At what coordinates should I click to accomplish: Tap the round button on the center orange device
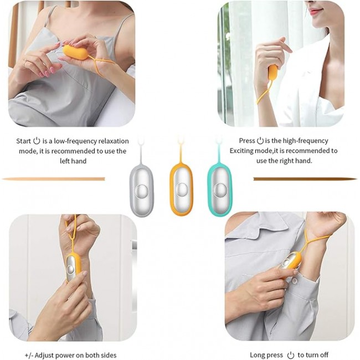pyautogui.click(x=182, y=189)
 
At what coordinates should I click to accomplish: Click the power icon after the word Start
pyautogui.click(x=37, y=141)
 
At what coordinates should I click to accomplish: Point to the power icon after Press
pyautogui.click(x=260, y=141)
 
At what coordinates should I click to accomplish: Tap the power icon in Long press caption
pyautogui.click(x=291, y=355)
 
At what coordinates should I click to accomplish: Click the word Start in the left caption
pyautogui.click(x=23, y=141)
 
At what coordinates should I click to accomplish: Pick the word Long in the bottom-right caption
pyautogui.click(x=256, y=355)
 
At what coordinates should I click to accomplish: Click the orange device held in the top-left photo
pyautogui.click(x=75, y=52)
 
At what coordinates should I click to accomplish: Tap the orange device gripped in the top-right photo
pyautogui.click(x=272, y=72)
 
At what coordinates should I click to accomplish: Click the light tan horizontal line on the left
pyautogui.click(x=53, y=179)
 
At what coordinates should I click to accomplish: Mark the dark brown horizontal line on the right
pyautogui.click(x=305, y=179)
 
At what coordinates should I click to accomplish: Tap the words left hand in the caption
pyautogui.click(x=73, y=161)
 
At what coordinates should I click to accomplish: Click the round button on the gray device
pyautogui.click(x=141, y=191)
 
